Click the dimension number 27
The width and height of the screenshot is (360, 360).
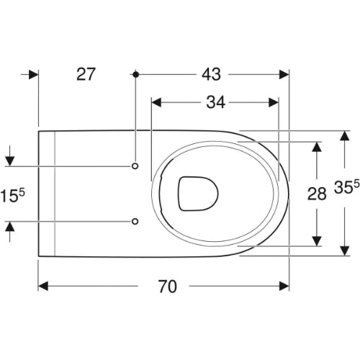[86, 74]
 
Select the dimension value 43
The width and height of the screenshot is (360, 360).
[211, 74]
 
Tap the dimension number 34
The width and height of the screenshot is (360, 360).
[215, 102]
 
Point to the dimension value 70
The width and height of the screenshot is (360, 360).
[167, 286]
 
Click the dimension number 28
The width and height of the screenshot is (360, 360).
[317, 194]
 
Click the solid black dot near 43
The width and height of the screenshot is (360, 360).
[136, 74]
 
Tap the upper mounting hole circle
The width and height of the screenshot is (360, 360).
[135, 166]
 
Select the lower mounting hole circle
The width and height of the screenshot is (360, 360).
[135, 221]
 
